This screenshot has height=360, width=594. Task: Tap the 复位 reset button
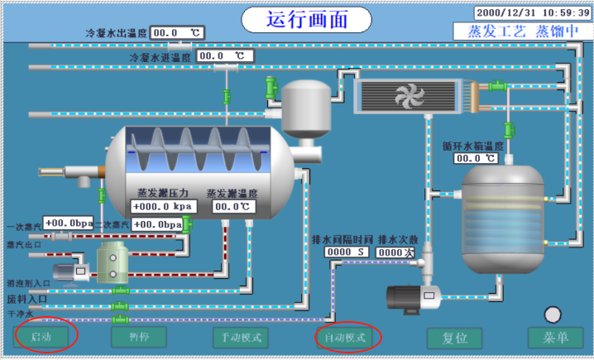coord(454,338)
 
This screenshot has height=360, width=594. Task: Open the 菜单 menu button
coord(555,338)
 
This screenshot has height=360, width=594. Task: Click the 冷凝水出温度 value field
coord(177,33)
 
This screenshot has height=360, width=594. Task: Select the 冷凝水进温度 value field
coord(225,56)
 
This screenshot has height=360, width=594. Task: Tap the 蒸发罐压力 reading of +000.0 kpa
coord(162,207)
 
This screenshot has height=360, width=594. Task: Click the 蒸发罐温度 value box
coord(232,207)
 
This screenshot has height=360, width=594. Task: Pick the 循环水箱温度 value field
coord(477,157)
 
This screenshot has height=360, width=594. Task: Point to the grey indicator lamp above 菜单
coord(553,314)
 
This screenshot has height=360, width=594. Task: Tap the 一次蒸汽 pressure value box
coord(68,223)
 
